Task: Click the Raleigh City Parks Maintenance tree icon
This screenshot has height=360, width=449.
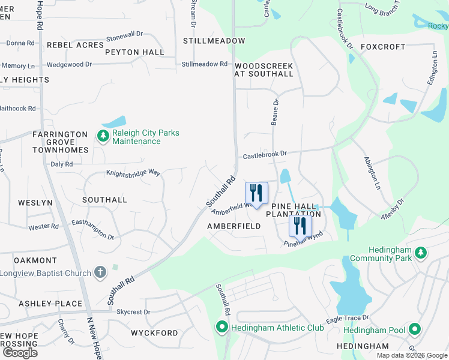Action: (x=103, y=137)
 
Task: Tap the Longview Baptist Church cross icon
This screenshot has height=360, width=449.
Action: (x=100, y=273)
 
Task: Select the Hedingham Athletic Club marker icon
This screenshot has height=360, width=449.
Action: (x=221, y=328)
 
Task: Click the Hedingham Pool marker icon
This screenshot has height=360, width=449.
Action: (x=414, y=329)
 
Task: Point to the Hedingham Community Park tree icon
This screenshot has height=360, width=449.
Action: (x=421, y=253)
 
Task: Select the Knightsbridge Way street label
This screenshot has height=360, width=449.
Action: (x=133, y=173)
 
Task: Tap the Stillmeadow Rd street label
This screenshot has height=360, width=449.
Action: (x=205, y=64)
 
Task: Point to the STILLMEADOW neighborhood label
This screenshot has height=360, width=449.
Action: (x=214, y=41)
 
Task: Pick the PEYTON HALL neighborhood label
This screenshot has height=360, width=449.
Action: (x=134, y=52)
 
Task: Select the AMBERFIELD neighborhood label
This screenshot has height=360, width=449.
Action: (x=234, y=226)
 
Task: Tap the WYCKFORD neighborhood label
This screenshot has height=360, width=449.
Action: (x=154, y=333)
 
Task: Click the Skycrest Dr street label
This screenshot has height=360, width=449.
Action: (x=133, y=312)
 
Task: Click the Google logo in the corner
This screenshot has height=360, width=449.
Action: (x=20, y=352)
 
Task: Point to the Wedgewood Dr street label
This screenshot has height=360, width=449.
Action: (x=69, y=64)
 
